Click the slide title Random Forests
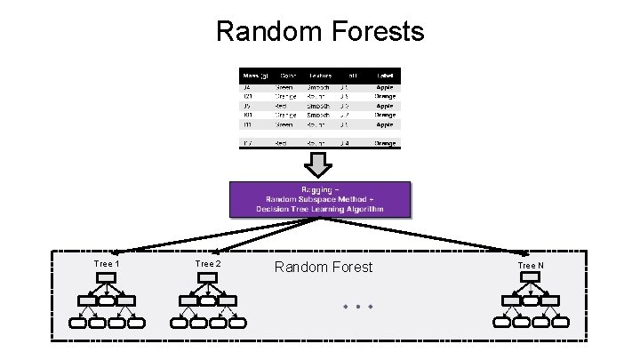pyautogui.click(x=320, y=32)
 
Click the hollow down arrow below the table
pyautogui.click(x=319, y=164)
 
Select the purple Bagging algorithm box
pyautogui.click(x=320, y=199)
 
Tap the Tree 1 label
pyautogui.click(x=107, y=264)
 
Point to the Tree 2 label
pyautogui.click(x=208, y=264)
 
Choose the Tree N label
pyautogui.click(x=531, y=266)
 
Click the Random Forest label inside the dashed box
pyautogui.click(x=324, y=267)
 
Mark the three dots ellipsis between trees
pyautogui.click(x=356, y=307)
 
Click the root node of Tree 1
pyautogui.click(x=107, y=279)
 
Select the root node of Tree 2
pyautogui.click(x=207, y=279)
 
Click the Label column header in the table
pyautogui.click(x=385, y=76)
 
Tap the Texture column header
pyautogui.click(x=320, y=76)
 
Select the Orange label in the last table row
pyautogui.click(x=385, y=142)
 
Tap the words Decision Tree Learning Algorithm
pyautogui.click(x=320, y=209)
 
